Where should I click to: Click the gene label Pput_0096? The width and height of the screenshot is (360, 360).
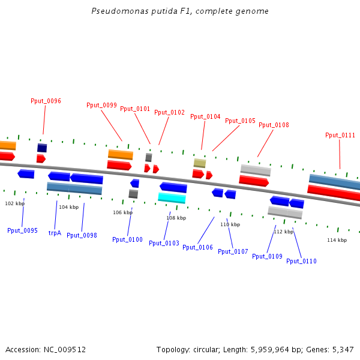coord(46,101)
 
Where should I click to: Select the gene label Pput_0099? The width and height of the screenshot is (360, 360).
coord(101,106)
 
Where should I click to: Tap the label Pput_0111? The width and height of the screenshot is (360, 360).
coord(340,136)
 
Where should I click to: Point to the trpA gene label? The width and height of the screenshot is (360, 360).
coord(55,233)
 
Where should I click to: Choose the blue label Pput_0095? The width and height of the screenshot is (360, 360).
coord(22,231)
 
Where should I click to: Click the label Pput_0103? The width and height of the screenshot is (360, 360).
coord(164,244)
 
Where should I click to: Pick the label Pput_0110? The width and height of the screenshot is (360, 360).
coord(301,262)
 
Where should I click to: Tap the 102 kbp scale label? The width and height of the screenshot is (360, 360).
coord(14,204)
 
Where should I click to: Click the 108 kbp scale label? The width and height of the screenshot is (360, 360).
coord(176,218)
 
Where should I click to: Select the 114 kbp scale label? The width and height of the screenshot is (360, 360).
coord(337,241)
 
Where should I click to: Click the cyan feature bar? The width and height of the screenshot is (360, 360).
coord(172,198)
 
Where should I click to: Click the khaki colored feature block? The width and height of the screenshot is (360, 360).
coord(200,163)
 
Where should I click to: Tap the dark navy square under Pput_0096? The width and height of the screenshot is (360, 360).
coord(42,148)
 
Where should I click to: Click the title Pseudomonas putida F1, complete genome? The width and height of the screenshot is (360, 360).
coord(180,11)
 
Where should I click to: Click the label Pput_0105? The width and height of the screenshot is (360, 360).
coord(240,121)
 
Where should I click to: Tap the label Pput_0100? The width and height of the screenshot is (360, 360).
coord(127,240)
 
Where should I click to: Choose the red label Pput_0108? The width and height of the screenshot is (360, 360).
coord(274,125)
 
